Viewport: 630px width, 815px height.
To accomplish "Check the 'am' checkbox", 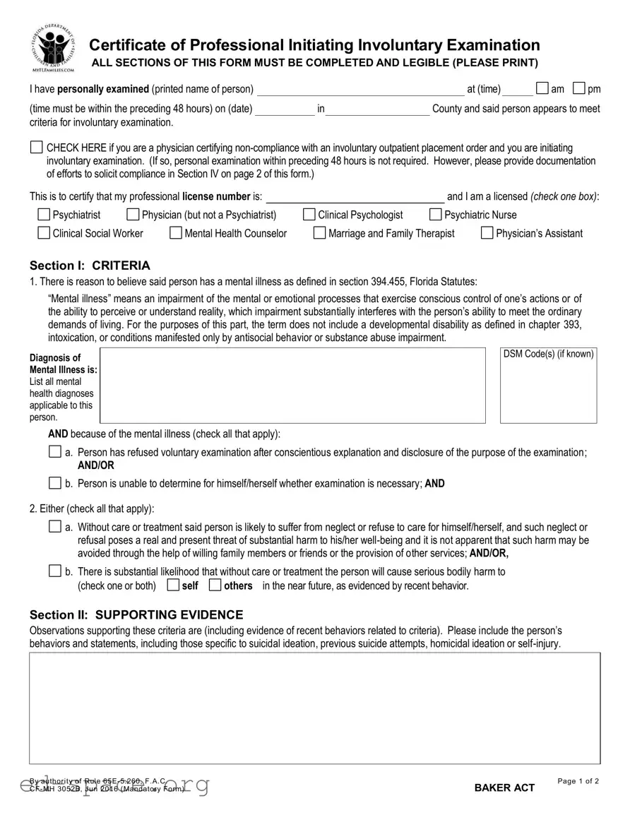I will [542, 88].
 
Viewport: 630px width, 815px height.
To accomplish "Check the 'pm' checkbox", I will [579, 88].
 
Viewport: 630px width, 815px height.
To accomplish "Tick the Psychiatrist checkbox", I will [44, 215].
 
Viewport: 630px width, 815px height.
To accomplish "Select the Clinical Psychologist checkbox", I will [309, 215].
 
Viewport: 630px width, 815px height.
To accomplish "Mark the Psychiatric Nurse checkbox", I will [435, 215].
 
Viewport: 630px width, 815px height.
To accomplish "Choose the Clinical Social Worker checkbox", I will [44, 233].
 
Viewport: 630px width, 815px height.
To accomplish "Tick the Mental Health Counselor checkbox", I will [176, 233].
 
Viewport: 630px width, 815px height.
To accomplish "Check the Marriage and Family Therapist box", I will [319, 233].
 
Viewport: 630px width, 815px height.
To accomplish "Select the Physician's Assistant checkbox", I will [487, 233].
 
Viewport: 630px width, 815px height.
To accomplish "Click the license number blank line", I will [355, 196].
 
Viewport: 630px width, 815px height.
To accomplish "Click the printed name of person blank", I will [360, 89].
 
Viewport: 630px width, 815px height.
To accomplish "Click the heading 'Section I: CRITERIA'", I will [90, 266].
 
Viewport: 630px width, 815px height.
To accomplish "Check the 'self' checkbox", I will [173, 585].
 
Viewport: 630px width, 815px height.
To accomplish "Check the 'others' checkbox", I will [215, 585].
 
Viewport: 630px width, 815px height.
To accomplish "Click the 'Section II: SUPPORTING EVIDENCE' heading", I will [136, 614].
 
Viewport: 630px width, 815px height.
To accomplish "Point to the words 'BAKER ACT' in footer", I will [504, 787].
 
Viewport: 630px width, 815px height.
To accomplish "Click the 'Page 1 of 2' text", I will [578, 781].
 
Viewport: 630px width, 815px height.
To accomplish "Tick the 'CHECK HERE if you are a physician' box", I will [36, 148].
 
